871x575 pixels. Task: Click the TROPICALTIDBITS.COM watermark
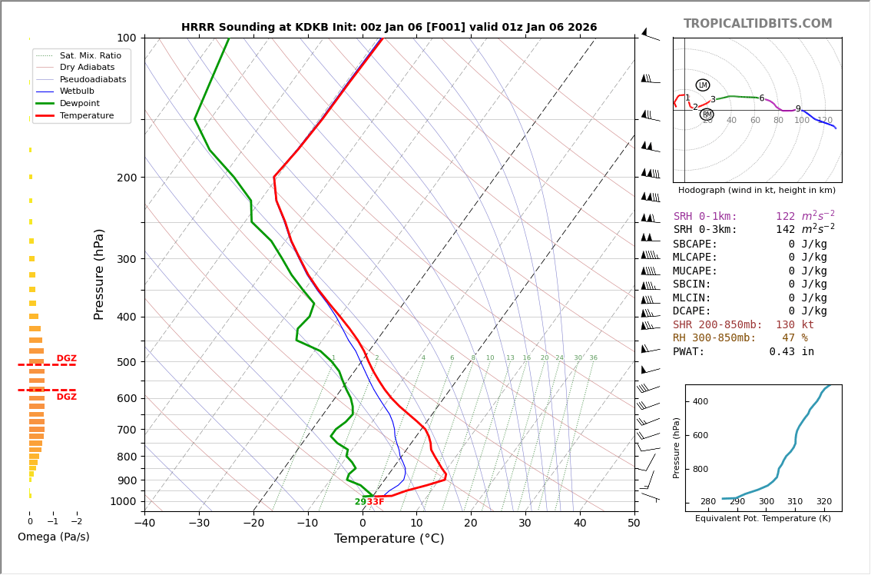tap(757, 24)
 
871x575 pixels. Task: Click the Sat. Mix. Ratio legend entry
tap(91, 56)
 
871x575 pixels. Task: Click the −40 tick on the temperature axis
tap(144, 523)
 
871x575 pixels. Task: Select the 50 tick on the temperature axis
tap(634, 523)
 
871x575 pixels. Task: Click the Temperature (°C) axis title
tap(389, 539)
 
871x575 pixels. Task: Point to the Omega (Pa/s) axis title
tap(54, 537)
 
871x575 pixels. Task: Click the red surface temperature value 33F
tap(376, 502)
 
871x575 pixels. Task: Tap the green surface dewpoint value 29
tap(360, 502)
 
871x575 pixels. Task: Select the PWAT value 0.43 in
tap(791, 352)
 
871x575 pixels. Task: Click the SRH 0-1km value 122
tap(785, 217)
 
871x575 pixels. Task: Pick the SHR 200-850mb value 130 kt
tap(794, 325)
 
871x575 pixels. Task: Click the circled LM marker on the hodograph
tap(703, 85)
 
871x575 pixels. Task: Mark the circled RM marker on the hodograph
tap(707, 115)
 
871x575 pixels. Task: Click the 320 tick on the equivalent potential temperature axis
tap(823, 502)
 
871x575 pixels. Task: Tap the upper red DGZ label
tap(67, 359)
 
